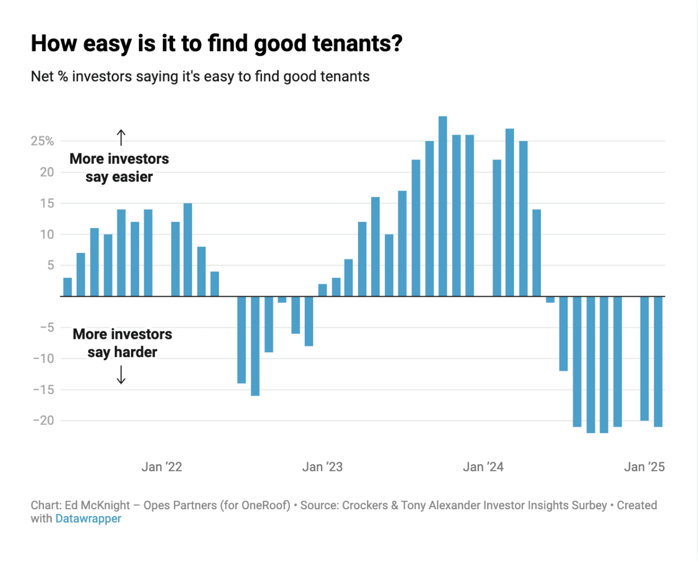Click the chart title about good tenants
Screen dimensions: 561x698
tap(216, 44)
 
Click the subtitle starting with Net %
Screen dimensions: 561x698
tap(200, 77)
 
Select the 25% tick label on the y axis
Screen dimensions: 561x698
tap(42, 141)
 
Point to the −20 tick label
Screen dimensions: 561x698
tap(43, 421)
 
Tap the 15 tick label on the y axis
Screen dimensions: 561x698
tap(47, 203)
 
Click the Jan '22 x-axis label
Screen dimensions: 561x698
tap(162, 467)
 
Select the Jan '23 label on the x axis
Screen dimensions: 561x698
tap(322, 467)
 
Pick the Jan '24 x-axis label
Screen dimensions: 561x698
tap(483, 467)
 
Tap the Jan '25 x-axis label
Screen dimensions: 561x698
tap(644, 467)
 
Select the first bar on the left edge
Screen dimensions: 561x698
tap(68, 287)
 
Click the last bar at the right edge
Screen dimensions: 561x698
tap(658, 361)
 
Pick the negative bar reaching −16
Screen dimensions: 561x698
tap(255, 346)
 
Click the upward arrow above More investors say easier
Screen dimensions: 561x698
tap(121, 138)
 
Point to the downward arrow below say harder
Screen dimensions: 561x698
tap(121, 375)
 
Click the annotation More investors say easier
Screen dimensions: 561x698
tap(119, 168)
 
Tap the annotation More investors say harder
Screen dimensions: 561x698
tap(122, 343)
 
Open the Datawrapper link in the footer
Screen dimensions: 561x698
tap(88, 519)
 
